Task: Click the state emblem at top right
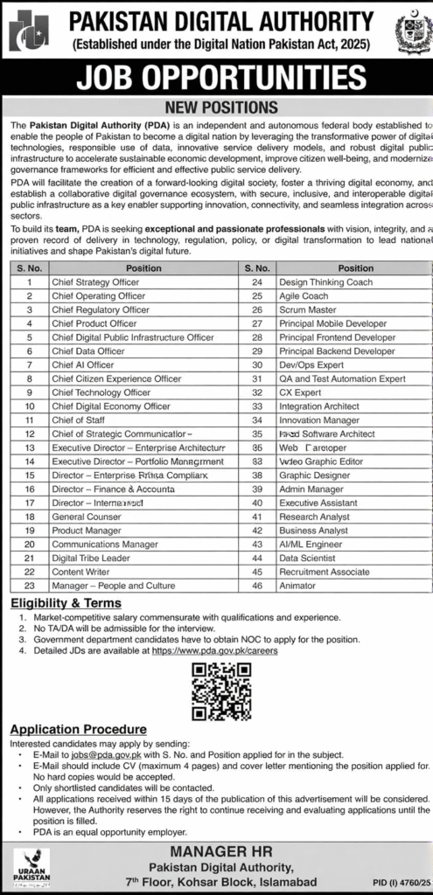[412, 32]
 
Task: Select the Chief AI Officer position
[83, 364]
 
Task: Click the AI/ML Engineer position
[311, 544]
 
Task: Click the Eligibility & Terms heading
[66, 603]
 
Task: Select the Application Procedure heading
[78, 729]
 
